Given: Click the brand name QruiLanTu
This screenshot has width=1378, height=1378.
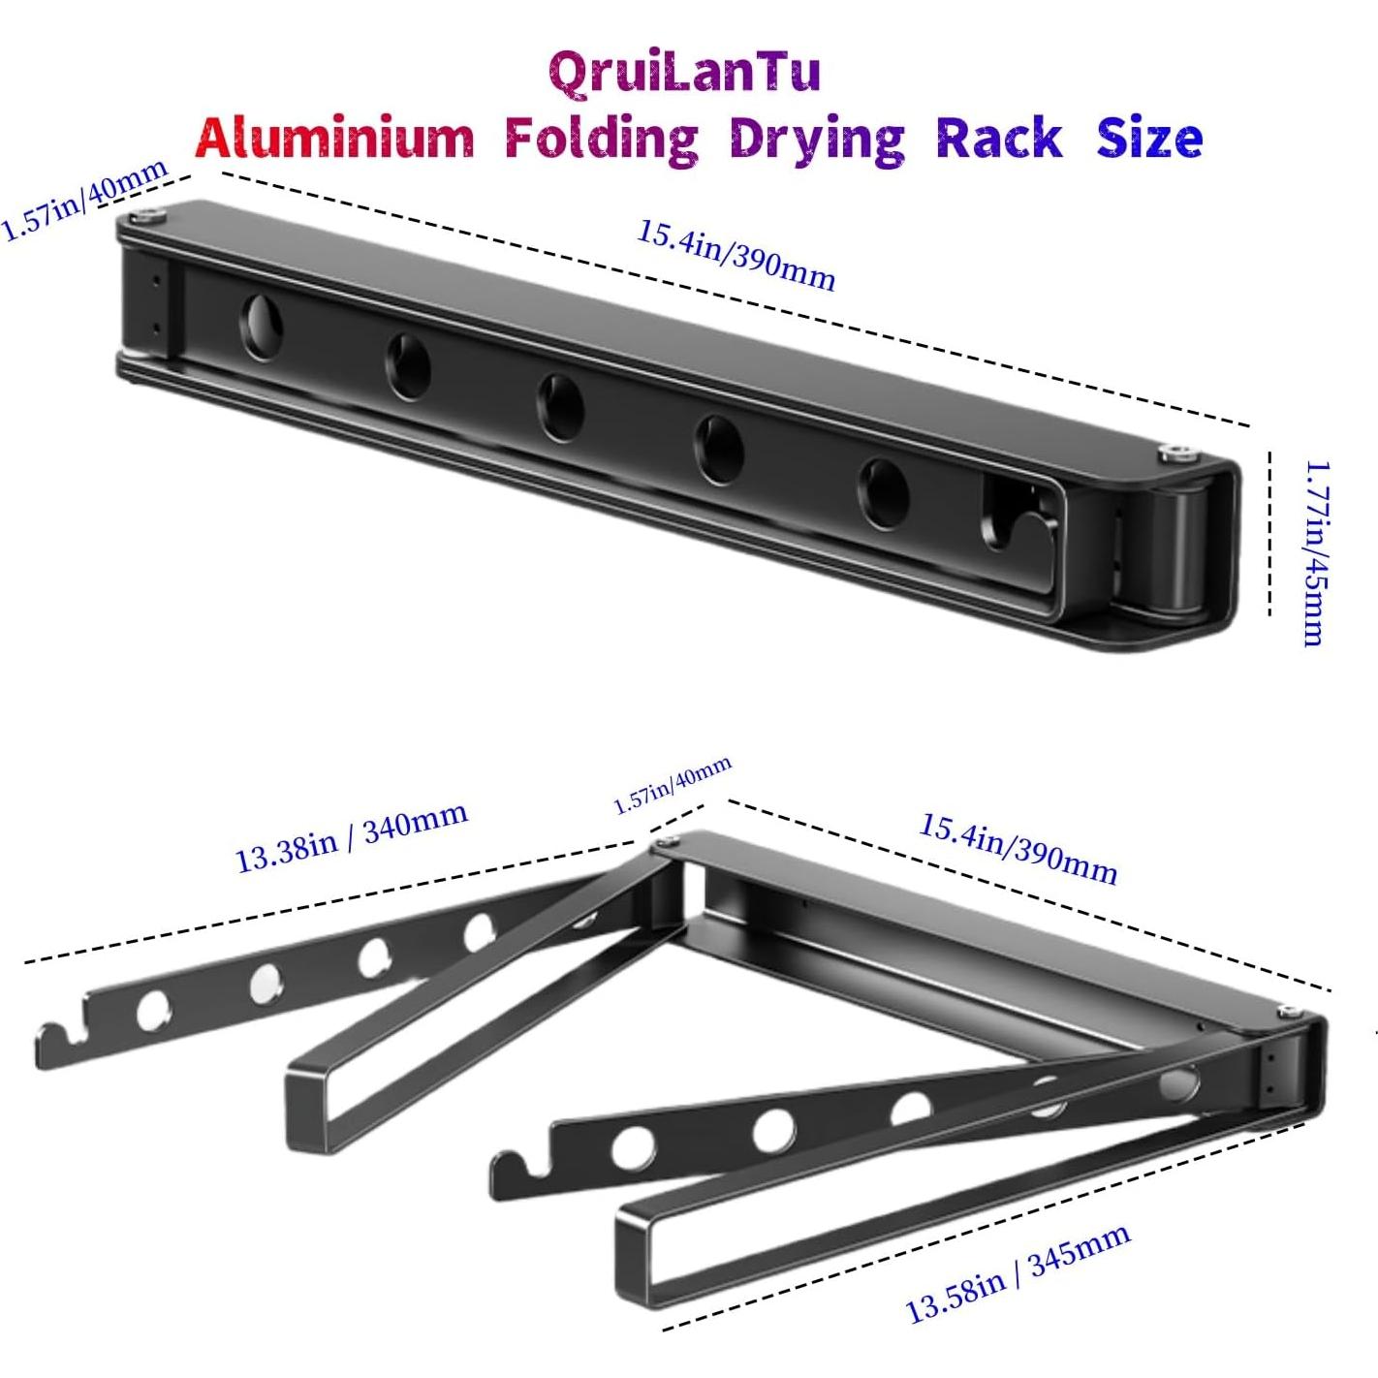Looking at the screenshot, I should click(x=684, y=73).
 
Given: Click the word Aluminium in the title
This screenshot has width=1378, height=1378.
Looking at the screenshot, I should click(x=334, y=139).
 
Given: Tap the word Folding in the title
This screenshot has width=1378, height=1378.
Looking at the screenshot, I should click(x=602, y=139).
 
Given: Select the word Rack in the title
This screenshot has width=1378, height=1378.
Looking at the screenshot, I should click(x=998, y=139).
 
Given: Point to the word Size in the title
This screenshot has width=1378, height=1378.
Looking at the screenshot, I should click(x=1149, y=139).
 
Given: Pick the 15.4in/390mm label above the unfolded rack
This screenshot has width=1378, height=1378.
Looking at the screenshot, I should click(x=1018, y=849).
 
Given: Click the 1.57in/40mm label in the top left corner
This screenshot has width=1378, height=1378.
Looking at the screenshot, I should click(x=85, y=201).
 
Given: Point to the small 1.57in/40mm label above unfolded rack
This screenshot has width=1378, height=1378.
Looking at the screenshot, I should click(x=673, y=786).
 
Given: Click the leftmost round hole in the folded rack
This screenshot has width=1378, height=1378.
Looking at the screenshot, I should click(x=260, y=327).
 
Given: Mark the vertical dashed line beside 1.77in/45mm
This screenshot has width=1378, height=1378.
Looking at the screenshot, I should click(x=1269, y=533).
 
